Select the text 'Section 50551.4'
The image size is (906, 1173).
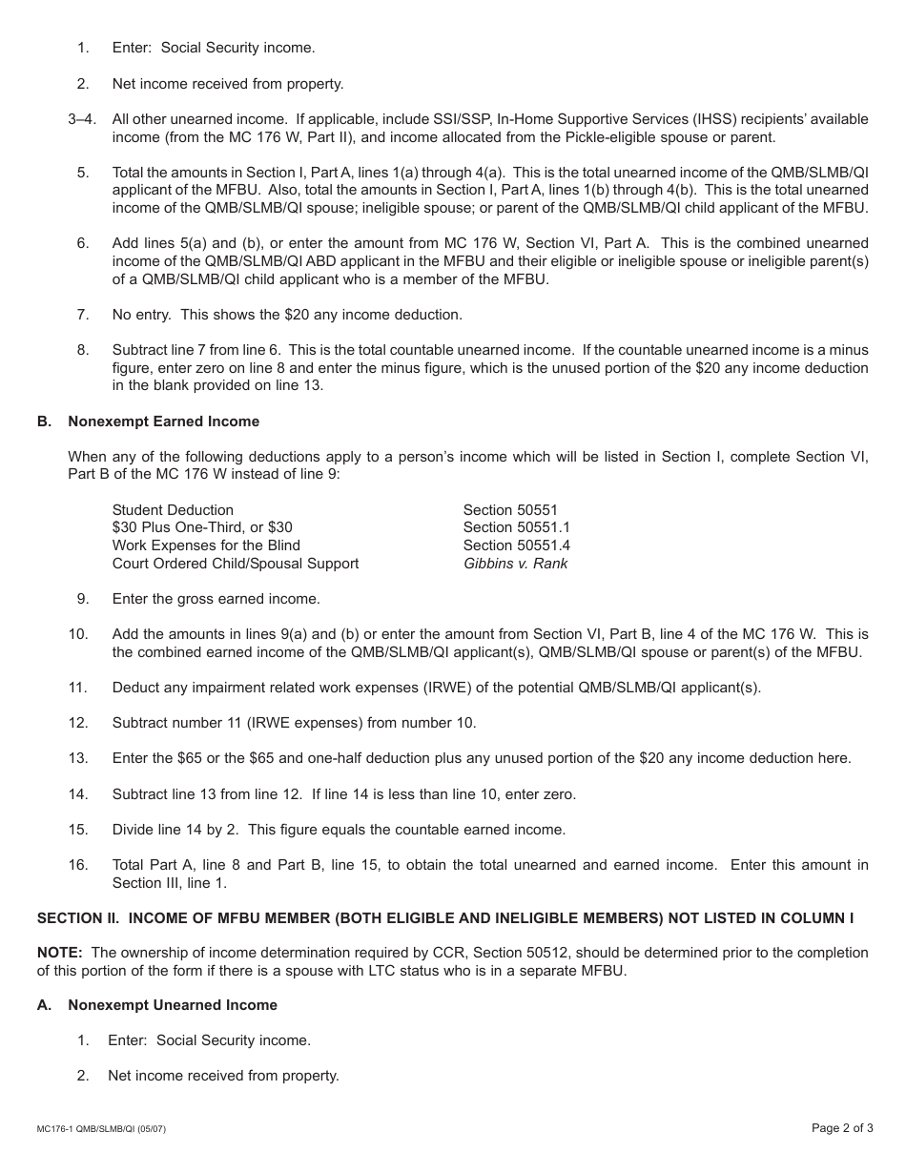(516, 545)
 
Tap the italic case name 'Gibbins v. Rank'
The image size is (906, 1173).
(515, 564)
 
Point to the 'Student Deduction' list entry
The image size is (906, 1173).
(173, 510)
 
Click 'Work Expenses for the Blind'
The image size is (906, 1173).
(206, 545)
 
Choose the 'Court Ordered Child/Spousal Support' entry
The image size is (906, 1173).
(236, 564)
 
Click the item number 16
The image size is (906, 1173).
(78, 865)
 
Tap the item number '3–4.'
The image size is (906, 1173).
(82, 119)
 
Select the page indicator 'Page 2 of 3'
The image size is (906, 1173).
(842, 1128)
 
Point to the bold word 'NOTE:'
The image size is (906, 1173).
(59, 953)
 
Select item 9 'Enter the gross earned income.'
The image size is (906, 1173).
(216, 599)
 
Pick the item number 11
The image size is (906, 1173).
(78, 688)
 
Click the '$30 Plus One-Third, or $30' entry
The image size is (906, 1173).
(202, 527)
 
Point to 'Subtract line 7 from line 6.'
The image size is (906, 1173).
(200, 350)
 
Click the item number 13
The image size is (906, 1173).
(78, 758)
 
